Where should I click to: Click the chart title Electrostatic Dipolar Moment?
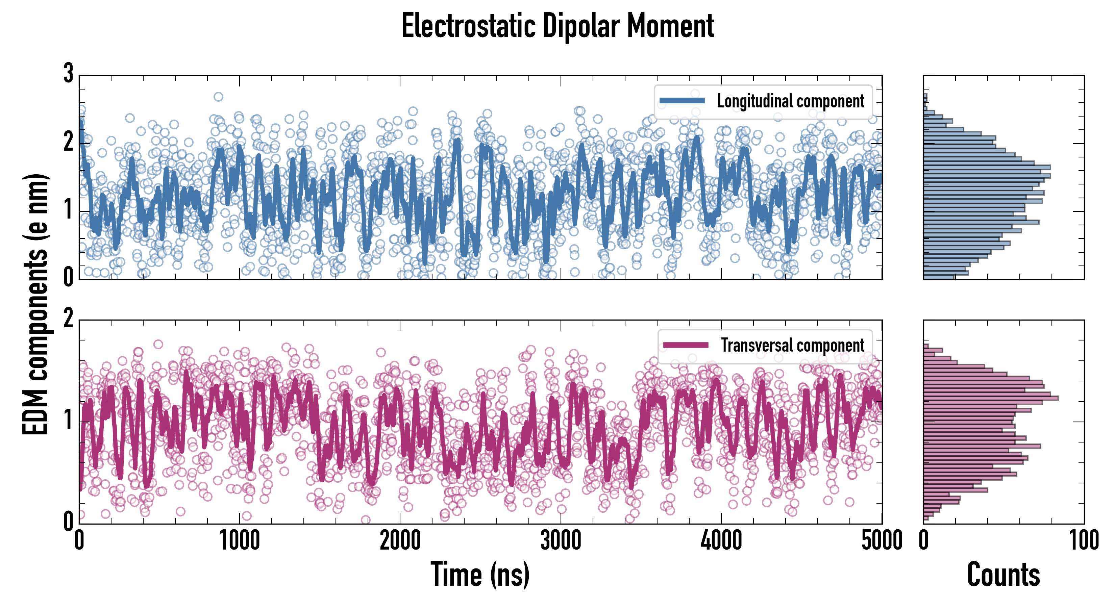click(557, 26)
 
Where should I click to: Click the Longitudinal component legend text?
click(790, 101)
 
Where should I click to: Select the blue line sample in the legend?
click(682, 101)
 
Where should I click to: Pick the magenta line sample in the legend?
click(686, 345)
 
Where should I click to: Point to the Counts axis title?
click(1003, 574)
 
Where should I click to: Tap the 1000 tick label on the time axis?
click(239, 541)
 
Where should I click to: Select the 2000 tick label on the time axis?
click(400, 541)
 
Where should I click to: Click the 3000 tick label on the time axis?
click(561, 541)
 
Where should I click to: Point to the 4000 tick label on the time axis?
click(721, 541)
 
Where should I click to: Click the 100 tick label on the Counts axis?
click(1084, 541)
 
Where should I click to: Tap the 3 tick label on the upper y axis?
click(68, 74)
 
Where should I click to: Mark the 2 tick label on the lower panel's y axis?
click(68, 319)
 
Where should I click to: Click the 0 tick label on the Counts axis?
click(924, 541)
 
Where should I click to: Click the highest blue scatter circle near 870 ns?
click(219, 97)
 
